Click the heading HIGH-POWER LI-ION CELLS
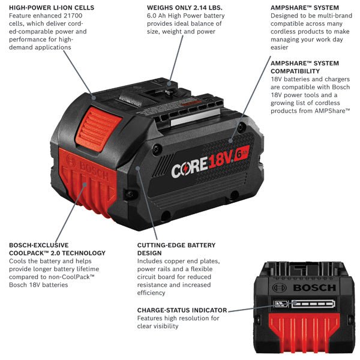pos(51,8)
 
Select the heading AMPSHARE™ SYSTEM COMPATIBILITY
pos(304,67)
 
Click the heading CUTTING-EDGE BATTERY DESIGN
pos(176,249)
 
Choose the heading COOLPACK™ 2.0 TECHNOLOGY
pos(56,253)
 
